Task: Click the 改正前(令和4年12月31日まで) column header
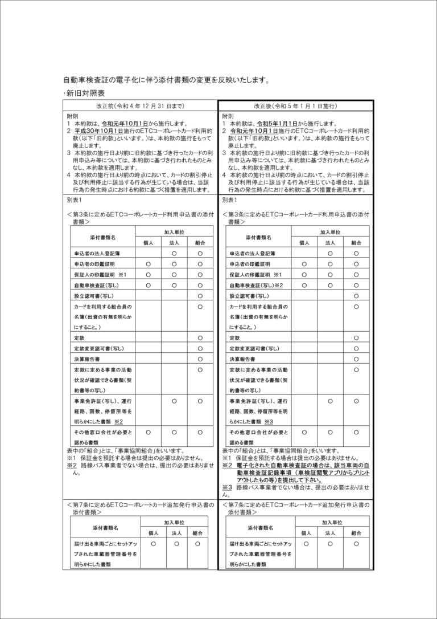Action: click(x=140, y=106)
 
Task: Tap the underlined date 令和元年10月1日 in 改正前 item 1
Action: click(x=127, y=123)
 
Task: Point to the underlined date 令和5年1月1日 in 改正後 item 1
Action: click(x=279, y=123)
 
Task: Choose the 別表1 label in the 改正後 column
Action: click(x=229, y=200)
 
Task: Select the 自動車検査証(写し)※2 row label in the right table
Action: click(x=256, y=285)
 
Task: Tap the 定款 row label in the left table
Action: click(x=80, y=338)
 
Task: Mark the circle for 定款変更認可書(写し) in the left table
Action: click(x=200, y=348)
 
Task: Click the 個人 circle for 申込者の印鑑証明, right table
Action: click(x=304, y=264)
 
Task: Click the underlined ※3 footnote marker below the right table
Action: click(x=228, y=487)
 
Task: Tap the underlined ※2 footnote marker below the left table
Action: click(x=72, y=465)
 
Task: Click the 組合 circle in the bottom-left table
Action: click(x=197, y=544)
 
